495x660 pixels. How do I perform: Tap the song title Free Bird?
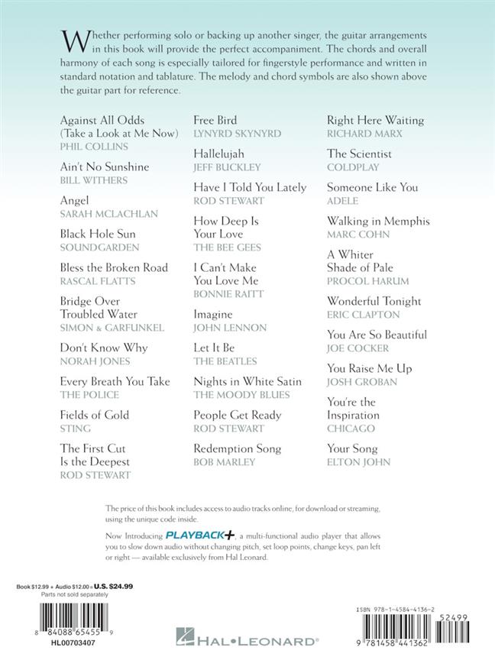(x=215, y=120)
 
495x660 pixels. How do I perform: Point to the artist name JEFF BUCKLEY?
(x=227, y=167)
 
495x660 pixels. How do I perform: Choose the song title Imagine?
(x=213, y=315)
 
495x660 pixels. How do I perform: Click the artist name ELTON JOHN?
(x=359, y=463)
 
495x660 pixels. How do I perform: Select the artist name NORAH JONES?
(x=95, y=361)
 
